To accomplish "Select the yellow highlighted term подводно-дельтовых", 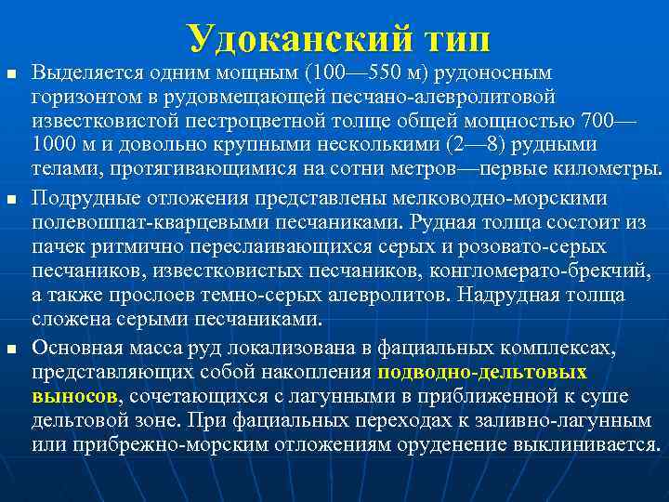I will pos(482,373).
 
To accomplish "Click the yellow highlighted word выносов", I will pos(73,397).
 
